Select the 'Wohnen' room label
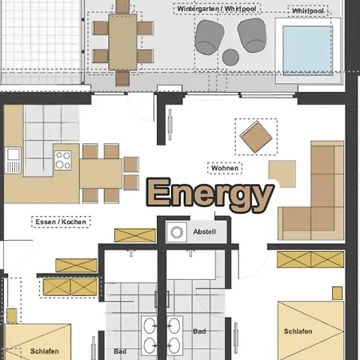tap(224, 168)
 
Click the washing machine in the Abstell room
tap(175, 232)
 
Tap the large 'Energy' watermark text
tap(210, 194)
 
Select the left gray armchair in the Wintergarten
tap(210, 35)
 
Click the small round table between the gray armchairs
tap(230, 57)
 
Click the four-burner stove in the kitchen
tap(64, 158)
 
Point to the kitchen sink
tap(14, 159)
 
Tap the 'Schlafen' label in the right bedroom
tap(297, 331)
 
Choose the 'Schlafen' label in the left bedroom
tap(43, 350)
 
